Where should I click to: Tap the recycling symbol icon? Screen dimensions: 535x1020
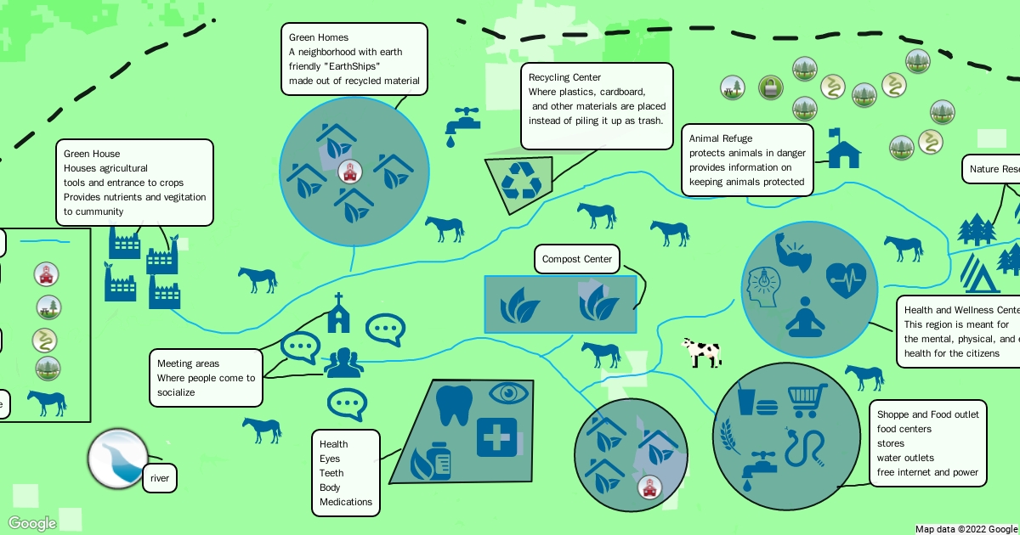tap(520, 181)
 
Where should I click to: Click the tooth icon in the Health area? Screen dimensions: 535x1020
tap(453, 405)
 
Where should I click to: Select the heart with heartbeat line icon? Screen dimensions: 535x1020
tap(846, 280)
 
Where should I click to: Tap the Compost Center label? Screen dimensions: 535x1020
tap(577, 259)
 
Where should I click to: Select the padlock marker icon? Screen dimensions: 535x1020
tap(769, 87)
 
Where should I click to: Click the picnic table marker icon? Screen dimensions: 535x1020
tap(733, 87)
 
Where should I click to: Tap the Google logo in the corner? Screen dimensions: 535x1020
tap(32, 523)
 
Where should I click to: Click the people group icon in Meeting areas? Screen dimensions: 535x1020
tap(343, 363)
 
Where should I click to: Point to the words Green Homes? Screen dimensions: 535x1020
tap(319, 37)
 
